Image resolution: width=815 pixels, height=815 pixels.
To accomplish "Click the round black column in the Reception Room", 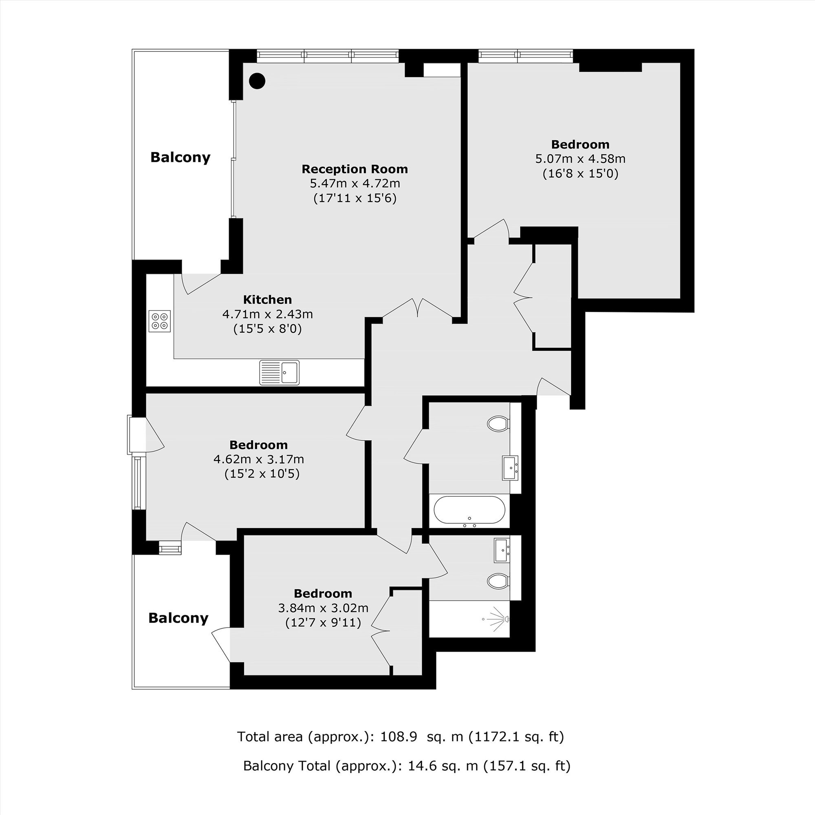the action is [x=257, y=81].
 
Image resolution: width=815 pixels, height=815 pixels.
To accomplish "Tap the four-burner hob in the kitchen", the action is [x=159, y=322].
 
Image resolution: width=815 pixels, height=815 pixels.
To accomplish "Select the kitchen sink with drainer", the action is [x=279, y=372].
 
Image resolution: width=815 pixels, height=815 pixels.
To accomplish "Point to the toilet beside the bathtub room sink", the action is [x=498, y=423].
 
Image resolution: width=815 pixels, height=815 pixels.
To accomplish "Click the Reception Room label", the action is [x=355, y=169].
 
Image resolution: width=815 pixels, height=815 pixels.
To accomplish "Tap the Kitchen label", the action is [x=267, y=300].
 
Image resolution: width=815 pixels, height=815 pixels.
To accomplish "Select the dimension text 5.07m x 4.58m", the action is [x=580, y=159].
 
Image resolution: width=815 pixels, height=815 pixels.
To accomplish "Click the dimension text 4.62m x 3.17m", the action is [x=259, y=459].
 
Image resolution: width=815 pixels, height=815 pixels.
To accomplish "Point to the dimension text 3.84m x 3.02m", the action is [x=323, y=608].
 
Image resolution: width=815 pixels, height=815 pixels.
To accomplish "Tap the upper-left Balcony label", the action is [x=180, y=157].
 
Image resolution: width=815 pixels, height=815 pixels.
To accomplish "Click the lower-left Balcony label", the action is [x=178, y=618].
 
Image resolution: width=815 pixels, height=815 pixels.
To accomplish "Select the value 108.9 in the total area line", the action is [x=399, y=736].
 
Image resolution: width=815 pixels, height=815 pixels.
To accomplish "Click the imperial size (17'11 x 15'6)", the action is [x=355, y=198].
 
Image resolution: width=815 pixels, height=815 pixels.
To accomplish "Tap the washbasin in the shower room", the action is [x=502, y=550].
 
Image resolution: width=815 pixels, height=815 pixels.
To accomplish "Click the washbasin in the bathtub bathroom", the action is [x=510, y=468].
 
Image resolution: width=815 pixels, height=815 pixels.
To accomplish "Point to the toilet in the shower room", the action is [x=498, y=581].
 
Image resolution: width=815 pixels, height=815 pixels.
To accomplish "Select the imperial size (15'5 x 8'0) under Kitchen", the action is [x=267, y=328].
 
